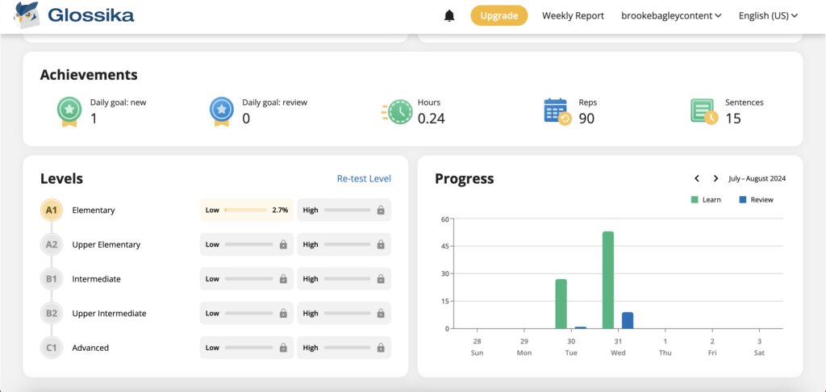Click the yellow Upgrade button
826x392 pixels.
pos(499,15)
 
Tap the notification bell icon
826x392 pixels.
pos(449,15)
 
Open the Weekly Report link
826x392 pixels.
pos(573,15)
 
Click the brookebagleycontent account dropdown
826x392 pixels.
pos(671,15)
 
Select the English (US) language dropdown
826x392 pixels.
pos(768,15)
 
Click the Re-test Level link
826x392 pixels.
pos(364,178)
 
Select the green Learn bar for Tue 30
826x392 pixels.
pos(561,303)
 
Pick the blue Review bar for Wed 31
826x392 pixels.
pos(628,320)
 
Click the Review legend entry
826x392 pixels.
pos(756,199)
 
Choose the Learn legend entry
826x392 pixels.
pos(706,199)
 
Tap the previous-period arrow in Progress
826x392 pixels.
pos(697,178)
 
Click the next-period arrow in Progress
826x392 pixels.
pos(715,178)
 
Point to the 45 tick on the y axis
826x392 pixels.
pos(444,247)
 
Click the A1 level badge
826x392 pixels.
pos(52,211)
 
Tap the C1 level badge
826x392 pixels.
pos(52,348)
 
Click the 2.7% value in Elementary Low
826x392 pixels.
pos(280,211)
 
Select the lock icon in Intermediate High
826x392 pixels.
pos(380,279)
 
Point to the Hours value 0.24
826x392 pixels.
pos(431,119)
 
